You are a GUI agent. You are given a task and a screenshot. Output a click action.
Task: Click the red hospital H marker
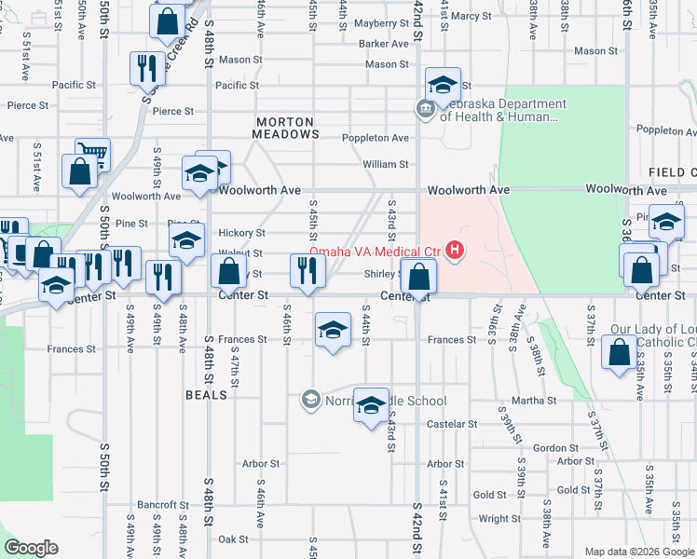[455, 250]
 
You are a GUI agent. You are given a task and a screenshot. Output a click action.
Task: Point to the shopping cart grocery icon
[92, 156]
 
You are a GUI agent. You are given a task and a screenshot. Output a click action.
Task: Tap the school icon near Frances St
[333, 331]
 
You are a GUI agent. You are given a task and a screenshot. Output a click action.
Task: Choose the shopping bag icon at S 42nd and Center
[419, 276]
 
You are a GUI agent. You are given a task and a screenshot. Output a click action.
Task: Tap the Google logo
[31, 548]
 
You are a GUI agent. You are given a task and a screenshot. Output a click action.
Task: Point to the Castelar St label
[452, 424]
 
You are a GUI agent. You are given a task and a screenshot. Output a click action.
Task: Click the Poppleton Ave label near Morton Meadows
[376, 138]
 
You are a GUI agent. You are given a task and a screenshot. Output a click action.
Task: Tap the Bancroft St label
[163, 505]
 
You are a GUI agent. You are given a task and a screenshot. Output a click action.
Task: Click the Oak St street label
[233, 539]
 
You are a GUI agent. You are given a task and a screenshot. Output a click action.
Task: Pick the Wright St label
[499, 519]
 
